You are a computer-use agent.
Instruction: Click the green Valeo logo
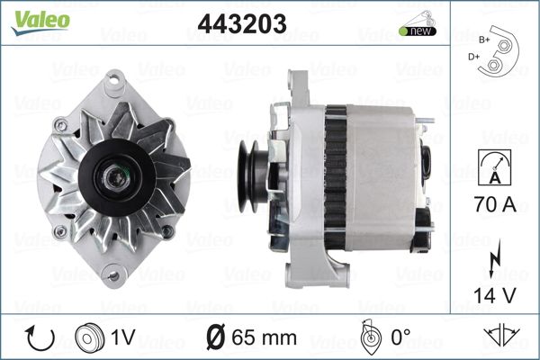[x=40, y=22]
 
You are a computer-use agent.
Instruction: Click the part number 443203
[x=242, y=23]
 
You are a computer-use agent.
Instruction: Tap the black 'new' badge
[x=418, y=31]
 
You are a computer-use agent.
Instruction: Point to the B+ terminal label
[x=484, y=40]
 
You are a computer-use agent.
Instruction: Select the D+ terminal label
[x=473, y=57]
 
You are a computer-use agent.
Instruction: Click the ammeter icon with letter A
[x=494, y=167]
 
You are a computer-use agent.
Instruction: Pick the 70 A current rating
[x=495, y=204]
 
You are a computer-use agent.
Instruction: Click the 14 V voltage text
[x=495, y=295]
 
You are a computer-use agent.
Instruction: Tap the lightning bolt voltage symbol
[x=495, y=258]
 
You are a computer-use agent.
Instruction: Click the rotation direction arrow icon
[x=40, y=338]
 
